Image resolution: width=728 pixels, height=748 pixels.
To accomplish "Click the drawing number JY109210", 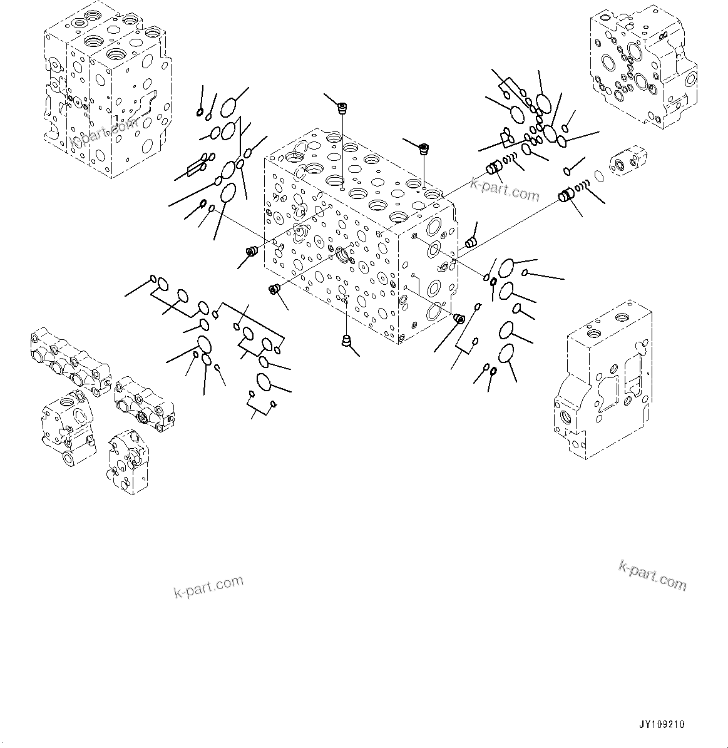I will pyautogui.click(x=662, y=724).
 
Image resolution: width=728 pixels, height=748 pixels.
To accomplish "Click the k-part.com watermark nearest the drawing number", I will pyautogui.click(x=652, y=575).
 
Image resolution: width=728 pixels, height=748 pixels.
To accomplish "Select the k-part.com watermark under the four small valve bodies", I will pyautogui.click(x=208, y=587).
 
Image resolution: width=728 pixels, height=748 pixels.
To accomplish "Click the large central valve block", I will pyautogui.click(x=357, y=238).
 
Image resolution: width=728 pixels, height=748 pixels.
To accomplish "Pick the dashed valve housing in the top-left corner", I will pyautogui.click(x=106, y=94).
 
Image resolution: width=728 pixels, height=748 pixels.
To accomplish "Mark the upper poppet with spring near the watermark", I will pyautogui.click(x=495, y=168).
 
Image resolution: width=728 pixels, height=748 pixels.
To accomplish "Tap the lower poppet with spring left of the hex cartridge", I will pyautogui.click(x=567, y=196).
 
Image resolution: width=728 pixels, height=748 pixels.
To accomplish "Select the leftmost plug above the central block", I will pyautogui.click(x=342, y=109).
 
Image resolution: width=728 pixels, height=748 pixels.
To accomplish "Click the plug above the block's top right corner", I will pyautogui.click(x=424, y=149).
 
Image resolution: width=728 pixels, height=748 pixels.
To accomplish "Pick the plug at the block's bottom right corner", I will pyautogui.click(x=459, y=319).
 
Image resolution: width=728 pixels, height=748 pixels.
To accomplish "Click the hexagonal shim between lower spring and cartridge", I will pyautogui.click(x=599, y=177).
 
